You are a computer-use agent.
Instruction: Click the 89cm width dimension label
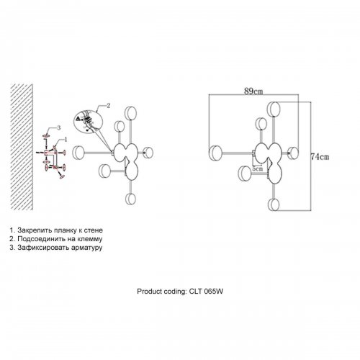coord(253,91)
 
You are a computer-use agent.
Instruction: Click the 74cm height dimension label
coord(320,157)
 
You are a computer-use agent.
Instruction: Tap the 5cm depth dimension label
coord(257,168)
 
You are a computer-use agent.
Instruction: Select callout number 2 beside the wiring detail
coord(109,106)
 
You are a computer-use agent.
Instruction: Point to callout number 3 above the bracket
coord(59,128)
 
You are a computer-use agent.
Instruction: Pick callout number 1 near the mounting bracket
coord(66,140)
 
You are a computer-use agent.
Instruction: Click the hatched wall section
coord(22,147)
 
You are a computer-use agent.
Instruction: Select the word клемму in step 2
coord(90,239)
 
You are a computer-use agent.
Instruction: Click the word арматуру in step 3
coord(86,248)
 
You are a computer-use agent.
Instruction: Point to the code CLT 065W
coord(206,292)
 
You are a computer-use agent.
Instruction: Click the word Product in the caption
coord(149,292)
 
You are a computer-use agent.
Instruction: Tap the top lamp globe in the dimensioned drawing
coord(274,109)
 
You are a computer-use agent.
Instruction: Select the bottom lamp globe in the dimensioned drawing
coord(274,204)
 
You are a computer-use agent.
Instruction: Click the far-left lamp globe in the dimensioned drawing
coord(215,153)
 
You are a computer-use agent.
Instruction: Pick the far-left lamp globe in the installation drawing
coord(78,153)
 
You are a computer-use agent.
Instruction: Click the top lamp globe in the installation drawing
coord(130,113)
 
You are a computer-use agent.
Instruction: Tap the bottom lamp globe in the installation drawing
coord(130,199)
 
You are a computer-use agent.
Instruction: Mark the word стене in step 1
coord(94,230)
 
